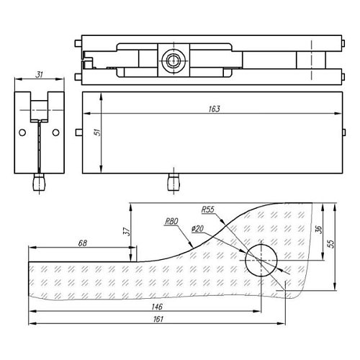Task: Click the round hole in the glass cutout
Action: [x=261, y=259]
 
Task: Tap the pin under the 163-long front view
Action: [x=171, y=182]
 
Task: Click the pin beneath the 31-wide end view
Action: [x=39, y=182]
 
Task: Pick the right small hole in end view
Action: [x=55, y=132]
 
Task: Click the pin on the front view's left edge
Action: [x=77, y=132]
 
